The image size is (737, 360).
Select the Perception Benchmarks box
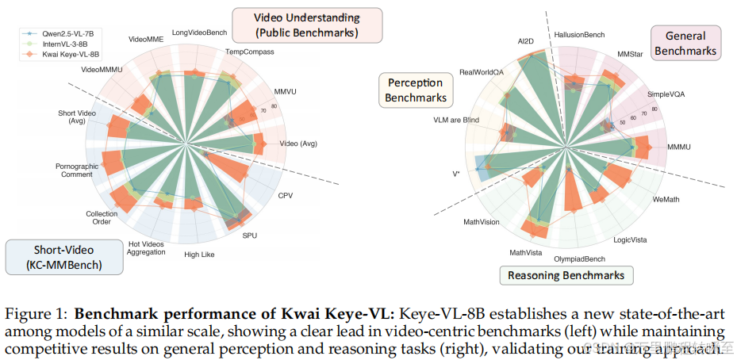pyautogui.click(x=416, y=90)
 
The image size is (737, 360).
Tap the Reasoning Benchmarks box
pyautogui.click(x=566, y=276)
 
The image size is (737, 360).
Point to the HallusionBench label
pyautogui.click(x=580, y=35)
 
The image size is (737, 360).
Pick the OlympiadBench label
pyautogui.click(x=579, y=259)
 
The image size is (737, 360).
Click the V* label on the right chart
pyautogui.click(x=456, y=173)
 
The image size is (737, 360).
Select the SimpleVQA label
pyautogui.click(x=666, y=94)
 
